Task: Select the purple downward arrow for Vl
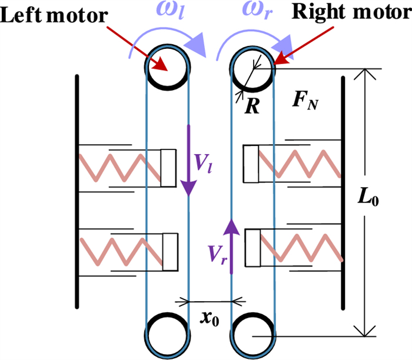(x=189, y=159)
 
